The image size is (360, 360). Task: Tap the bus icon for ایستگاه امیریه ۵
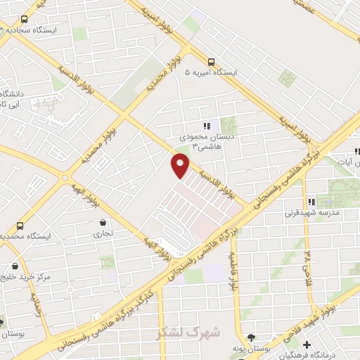click(211, 61)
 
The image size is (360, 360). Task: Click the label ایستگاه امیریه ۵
click(212, 73)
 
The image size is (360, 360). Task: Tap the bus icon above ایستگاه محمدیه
click(20, 226)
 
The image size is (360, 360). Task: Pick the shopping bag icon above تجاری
click(104, 224)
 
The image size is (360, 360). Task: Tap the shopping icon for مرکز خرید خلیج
click(15, 267)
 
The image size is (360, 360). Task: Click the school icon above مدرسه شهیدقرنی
click(311, 202)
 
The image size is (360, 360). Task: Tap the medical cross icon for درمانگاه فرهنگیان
click(307, 344)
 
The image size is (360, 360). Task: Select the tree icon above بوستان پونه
click(251, 337)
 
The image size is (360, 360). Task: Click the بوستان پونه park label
click(252, 349)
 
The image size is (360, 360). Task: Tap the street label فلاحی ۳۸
click(307, 262)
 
